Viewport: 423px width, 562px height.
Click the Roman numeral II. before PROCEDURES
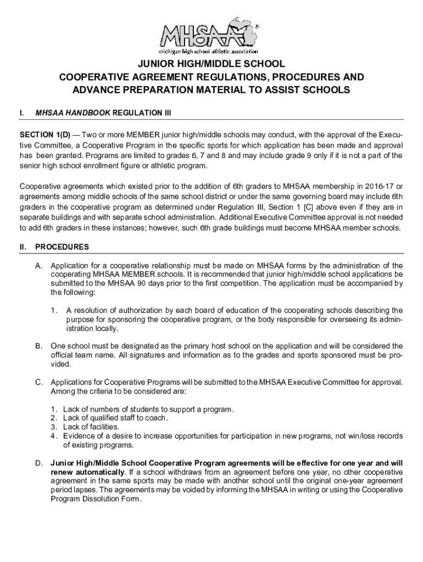(x=24, y=247)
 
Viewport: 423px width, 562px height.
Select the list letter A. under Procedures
(x=39, y=266)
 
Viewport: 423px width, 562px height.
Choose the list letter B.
(x=39, y=346)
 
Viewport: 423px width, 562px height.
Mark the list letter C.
(x=39, y=382)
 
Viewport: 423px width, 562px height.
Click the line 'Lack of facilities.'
(x=91, y=427)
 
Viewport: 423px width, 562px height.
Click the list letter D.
(x=40, y=463)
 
